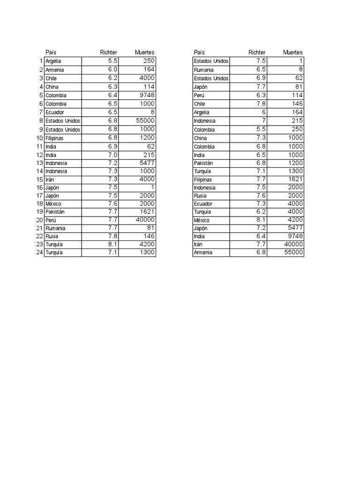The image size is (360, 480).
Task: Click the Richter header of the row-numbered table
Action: click(x=109, y=52)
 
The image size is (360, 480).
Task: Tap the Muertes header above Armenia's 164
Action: click(x=144, y=52)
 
